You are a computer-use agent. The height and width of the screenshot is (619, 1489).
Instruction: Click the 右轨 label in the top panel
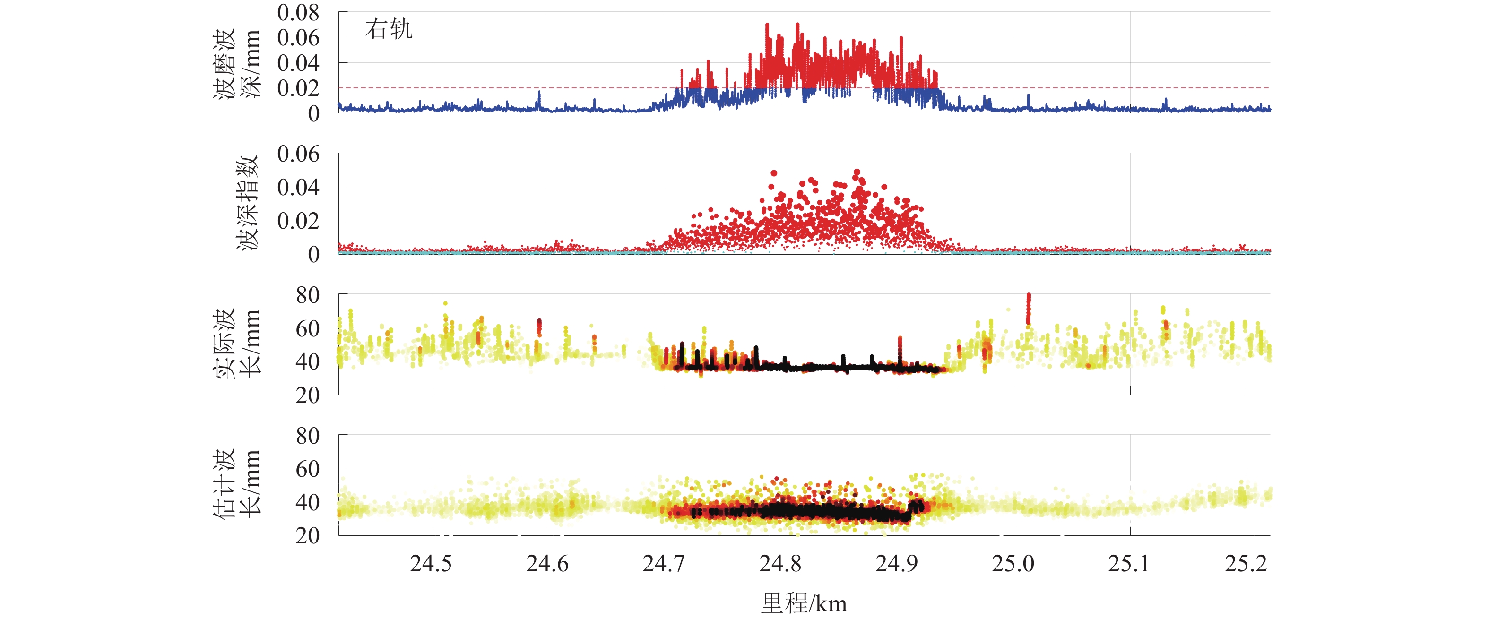[389, 29]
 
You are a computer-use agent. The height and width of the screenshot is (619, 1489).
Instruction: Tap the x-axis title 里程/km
[804, 603]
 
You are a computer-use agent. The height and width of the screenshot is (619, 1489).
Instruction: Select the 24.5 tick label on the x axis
[431, 564]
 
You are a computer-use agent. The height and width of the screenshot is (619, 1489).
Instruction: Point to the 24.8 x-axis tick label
[780, 564]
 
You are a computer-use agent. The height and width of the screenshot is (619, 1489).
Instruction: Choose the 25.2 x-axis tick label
[1246, 564]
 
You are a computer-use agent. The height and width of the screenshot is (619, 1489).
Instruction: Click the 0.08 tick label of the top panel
[298, 13]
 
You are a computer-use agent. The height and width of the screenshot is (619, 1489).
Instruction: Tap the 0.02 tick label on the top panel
[298, 88]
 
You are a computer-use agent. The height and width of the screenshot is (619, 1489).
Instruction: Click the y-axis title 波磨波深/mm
[237, 64]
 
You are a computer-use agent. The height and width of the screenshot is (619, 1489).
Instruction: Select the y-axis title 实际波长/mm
[237, 344]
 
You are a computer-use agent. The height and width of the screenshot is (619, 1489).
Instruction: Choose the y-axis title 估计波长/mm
[237, 484]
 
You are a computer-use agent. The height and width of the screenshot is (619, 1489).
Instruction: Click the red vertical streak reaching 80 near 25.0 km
[1028, 309]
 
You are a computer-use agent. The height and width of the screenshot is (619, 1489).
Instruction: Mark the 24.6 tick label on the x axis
[547, 564]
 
